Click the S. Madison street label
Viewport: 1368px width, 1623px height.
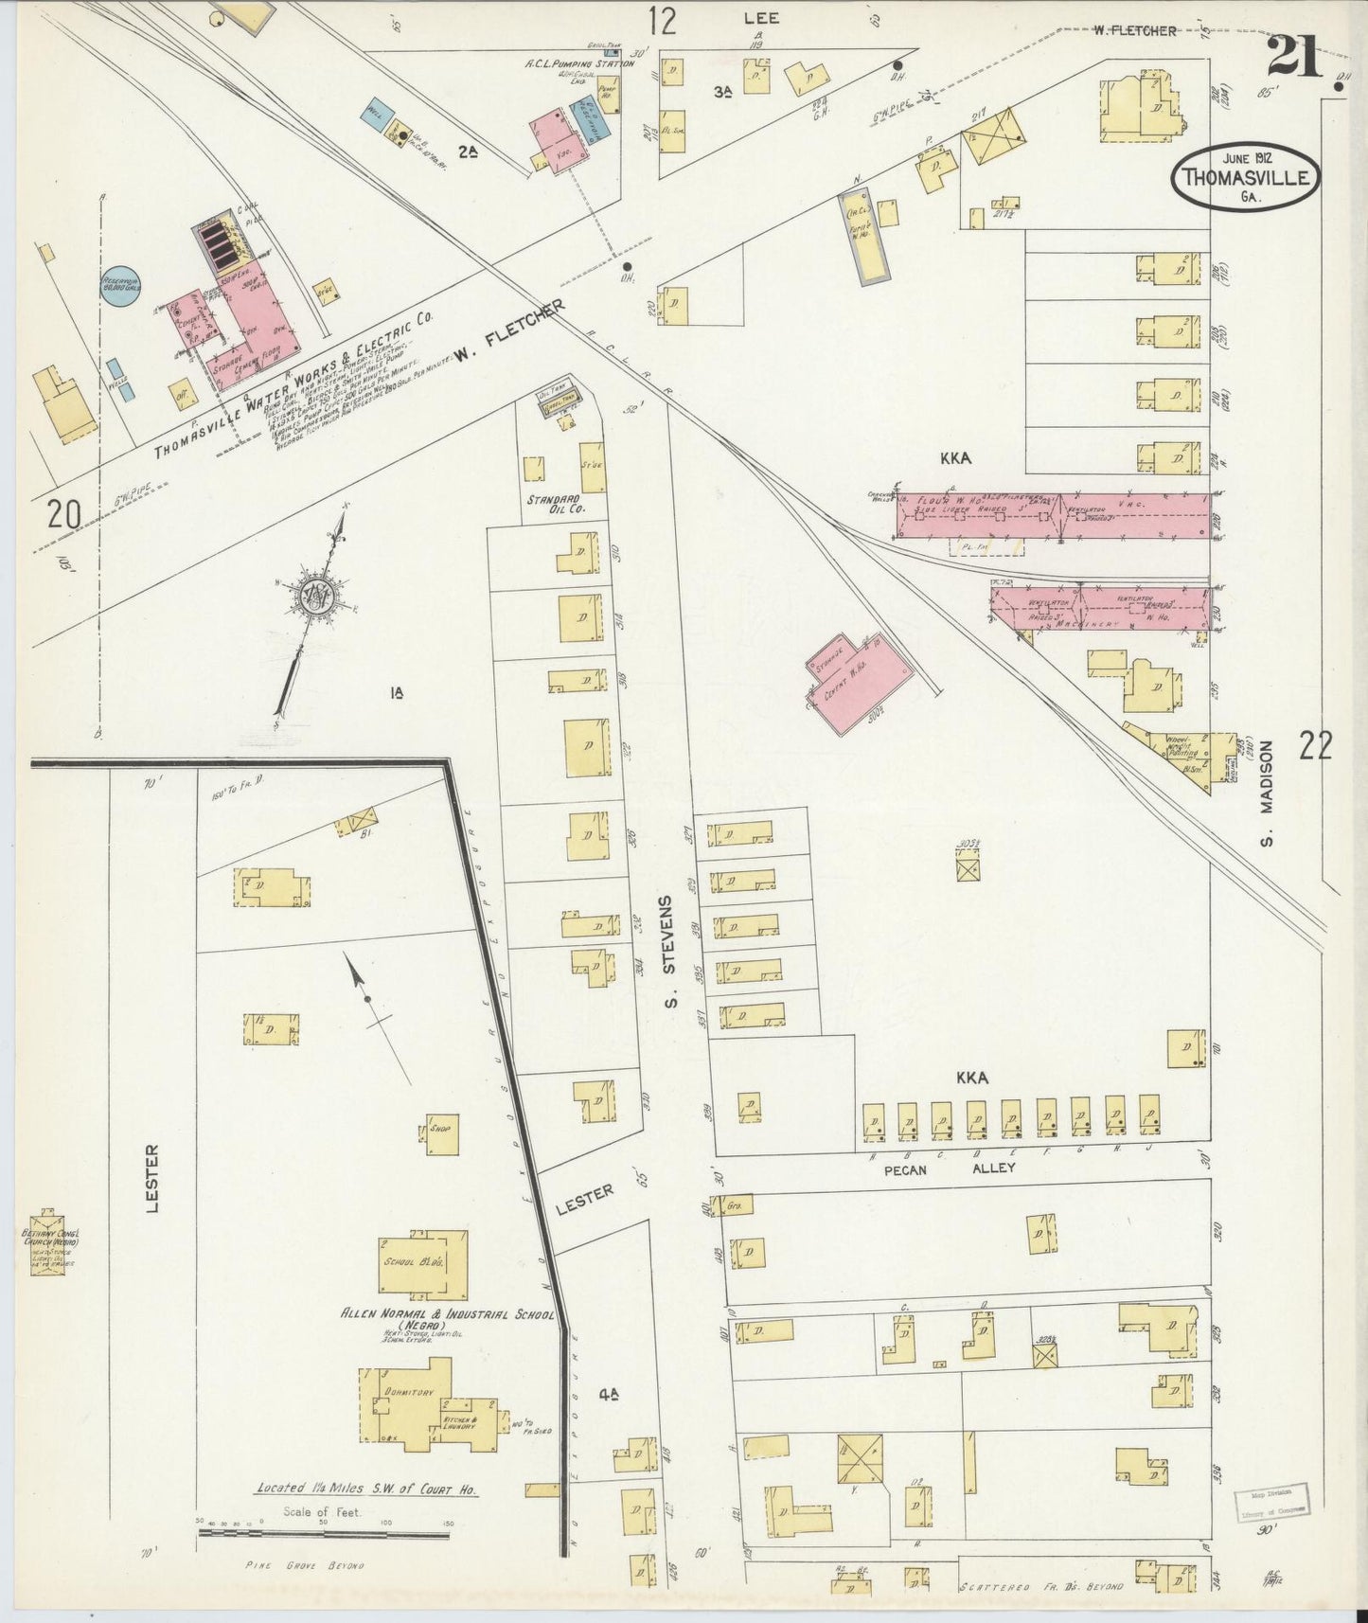click(1267, 794)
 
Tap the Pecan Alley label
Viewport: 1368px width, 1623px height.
click(949, 1168)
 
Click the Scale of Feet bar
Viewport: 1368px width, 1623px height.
click(323, 1534)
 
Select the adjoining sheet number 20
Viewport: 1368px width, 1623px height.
click(62, 515)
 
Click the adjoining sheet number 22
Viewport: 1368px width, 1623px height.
click(1315, 747)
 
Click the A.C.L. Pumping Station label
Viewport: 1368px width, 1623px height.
click(578, 63)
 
